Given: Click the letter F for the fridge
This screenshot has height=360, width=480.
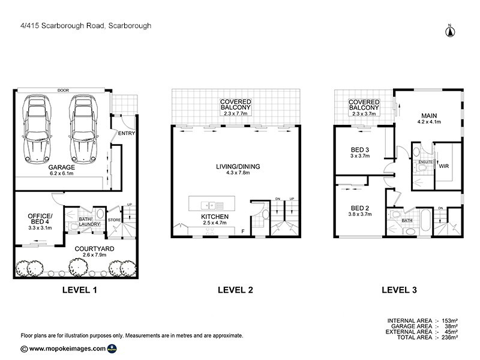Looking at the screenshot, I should [242, 231].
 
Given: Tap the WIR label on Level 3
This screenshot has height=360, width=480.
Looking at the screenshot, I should [445, 166].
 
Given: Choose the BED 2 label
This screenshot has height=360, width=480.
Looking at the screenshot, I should [361, 209].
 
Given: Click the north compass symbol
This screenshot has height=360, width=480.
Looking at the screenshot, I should [449, 31].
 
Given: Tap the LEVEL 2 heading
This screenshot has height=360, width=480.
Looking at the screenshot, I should [234, 290].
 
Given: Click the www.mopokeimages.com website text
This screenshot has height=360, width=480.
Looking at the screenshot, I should [68, 349].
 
